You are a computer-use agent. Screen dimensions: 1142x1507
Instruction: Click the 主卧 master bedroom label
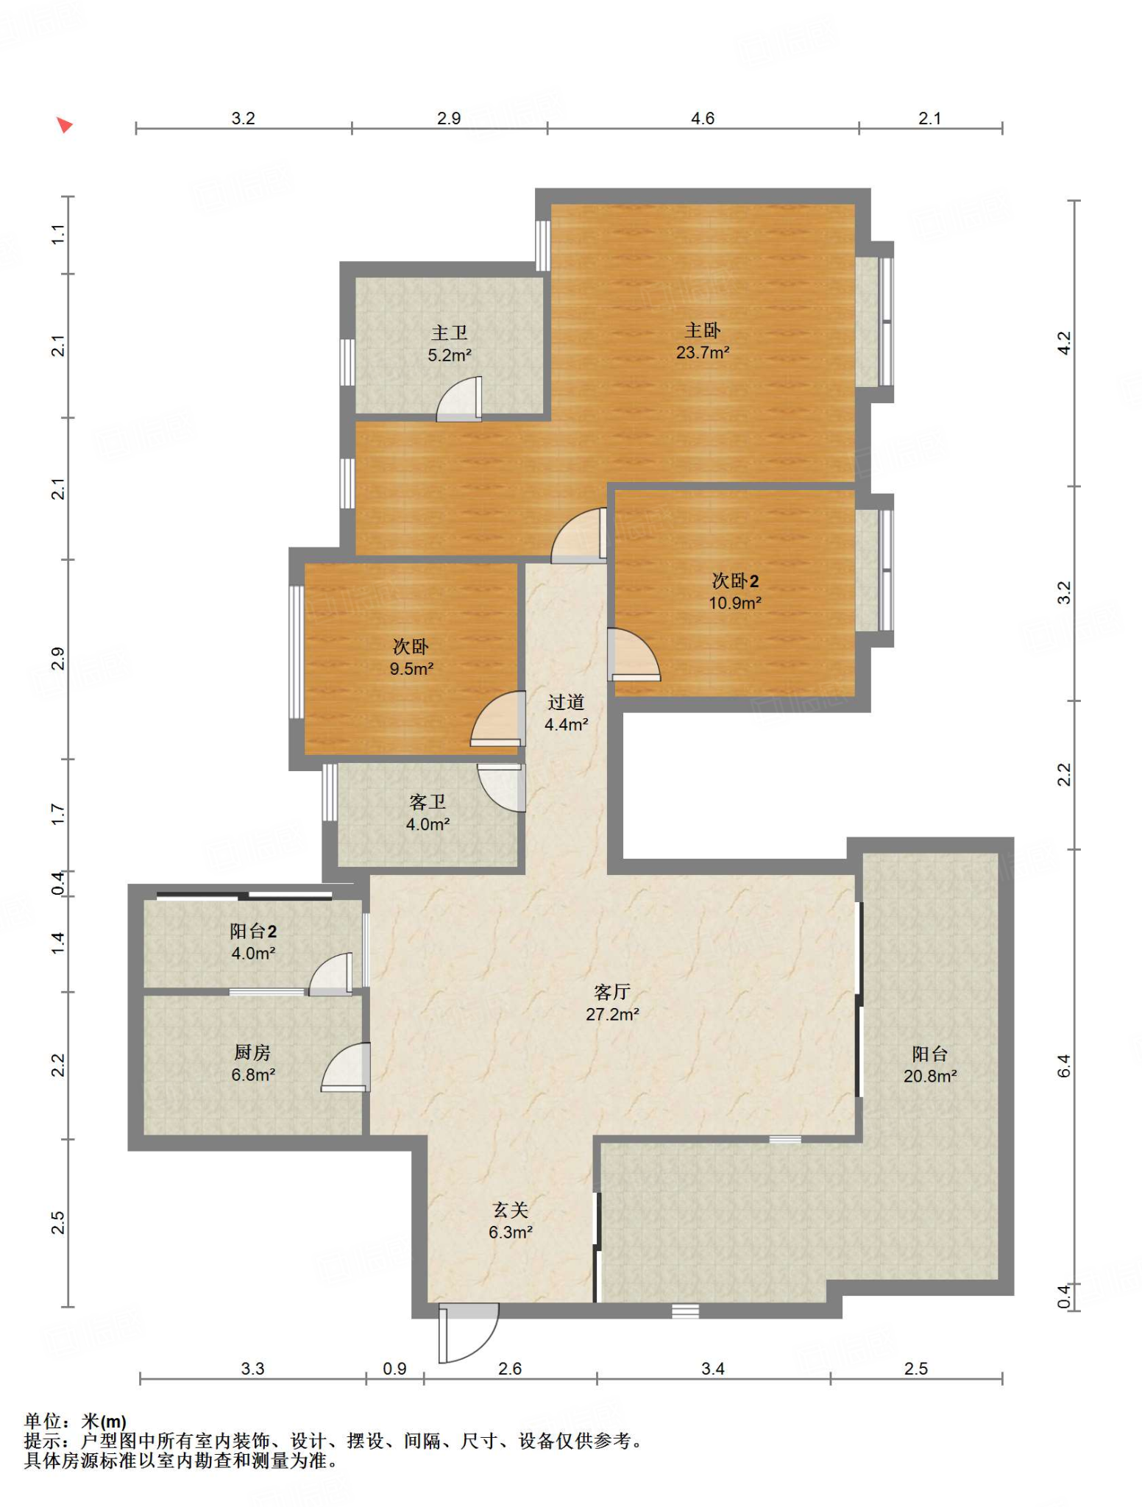point(703,330)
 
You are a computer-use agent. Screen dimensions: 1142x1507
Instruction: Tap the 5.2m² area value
point(450,355)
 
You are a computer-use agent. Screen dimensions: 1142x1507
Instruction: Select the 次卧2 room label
point(735,581)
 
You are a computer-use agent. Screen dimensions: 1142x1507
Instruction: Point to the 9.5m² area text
point(411,669)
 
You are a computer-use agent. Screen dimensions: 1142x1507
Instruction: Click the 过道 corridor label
point(566,703)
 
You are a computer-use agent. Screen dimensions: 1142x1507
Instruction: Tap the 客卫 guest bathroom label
point(428,802)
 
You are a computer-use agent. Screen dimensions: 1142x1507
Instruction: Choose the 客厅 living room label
point(612,992)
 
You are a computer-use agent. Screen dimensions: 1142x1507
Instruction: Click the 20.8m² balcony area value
point(930,1077)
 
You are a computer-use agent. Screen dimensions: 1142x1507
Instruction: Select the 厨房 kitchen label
point(252,1053)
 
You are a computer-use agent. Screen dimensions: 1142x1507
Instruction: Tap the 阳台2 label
point(253,932)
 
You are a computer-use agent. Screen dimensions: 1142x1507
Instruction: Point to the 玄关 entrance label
point(511,1210)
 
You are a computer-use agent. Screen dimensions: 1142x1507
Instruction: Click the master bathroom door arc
point(458,399)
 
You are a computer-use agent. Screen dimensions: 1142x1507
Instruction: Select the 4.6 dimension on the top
point(703,118)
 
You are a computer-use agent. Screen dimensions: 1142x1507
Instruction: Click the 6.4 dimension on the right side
point(1064,1066)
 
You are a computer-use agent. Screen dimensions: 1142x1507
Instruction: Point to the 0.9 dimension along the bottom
point(395,1369)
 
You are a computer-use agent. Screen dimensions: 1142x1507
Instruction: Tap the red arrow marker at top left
point(65,125)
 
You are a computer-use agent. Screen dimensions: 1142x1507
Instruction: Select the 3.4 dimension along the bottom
point(713,1369)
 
